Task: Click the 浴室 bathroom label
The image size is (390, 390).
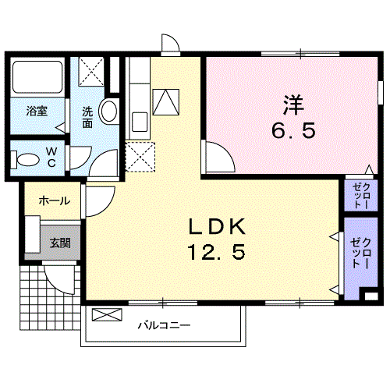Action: [37, 112]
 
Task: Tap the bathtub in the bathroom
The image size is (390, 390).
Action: [37, 76]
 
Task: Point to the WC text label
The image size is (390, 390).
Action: [51, 157]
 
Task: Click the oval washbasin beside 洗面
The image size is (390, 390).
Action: [109, 112]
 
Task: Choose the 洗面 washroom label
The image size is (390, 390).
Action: [87, 118]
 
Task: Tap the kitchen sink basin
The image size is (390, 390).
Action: [140, 122]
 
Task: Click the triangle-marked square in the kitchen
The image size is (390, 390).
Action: [166, 102]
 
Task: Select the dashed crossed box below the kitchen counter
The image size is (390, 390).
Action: [140, 157]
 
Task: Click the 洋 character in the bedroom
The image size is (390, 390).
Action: [294, 105]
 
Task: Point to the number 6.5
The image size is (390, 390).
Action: [293, 130]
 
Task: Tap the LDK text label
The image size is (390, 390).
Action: [217, 227]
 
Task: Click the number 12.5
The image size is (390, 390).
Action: [216, 252]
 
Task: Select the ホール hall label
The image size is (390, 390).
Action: [55, 201]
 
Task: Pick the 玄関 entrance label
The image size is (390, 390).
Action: [60, 243]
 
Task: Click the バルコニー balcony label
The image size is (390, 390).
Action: [165, 325]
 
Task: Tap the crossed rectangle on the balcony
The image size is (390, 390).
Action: [107, 314]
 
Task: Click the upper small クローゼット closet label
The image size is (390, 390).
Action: [361, 196]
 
